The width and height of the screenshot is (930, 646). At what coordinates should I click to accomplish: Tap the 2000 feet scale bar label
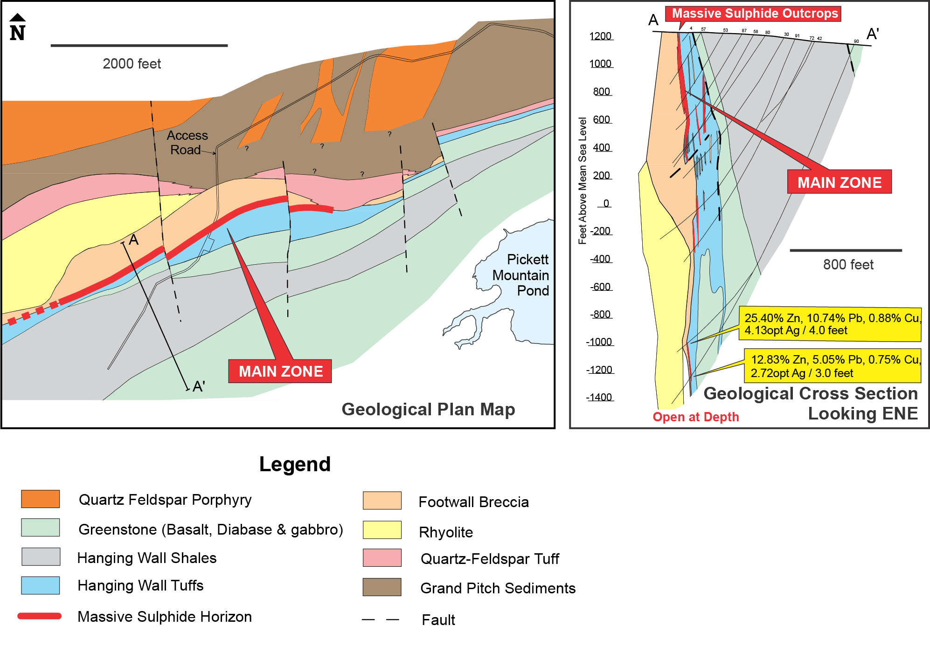pyautogui.click(x=132, y=64)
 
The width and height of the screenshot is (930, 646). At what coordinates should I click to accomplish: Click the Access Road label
pyautogui.click(x=187, y=143)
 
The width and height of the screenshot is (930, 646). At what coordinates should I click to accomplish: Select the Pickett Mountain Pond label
pyautogui.click(x=522, y=275)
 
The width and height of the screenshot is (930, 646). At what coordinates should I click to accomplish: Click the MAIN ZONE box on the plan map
pyautogui.click(x=280, y=371)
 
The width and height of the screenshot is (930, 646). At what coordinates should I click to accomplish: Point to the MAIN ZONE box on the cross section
pyautogui.click(x=839, y=182)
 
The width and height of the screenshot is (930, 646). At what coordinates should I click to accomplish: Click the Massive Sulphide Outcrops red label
pyautogui.click(x=754, y=14)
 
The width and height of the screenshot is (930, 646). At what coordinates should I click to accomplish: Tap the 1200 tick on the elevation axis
pyautogui.click(x=601, y=36)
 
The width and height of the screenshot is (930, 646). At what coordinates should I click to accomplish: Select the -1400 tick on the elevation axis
pyautogui.click(x=600, y=398)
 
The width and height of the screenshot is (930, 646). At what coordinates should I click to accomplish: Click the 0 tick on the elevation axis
pyautogui.click(x=605, y=204)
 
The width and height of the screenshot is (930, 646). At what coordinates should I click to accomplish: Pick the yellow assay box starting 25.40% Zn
pyautogui.click(x=831, y=324)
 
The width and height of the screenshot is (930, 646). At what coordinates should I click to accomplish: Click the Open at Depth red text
pyautogui.click(x=695, y=417)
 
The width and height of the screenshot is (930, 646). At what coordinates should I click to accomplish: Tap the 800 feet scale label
pyautogui.click(x=848, y=265)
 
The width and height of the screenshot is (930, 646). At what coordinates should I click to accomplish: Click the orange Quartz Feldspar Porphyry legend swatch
pyautogui.click(x=41, y=499)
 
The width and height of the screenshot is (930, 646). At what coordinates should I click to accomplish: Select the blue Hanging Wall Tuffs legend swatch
pyautogui.click(x=41, y=585)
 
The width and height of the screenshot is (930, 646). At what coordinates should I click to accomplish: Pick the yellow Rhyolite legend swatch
pyautogui.click(x=382, y=530)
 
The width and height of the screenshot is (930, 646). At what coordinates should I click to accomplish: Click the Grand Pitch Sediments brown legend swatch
pyautogui.click(x=382, y=587)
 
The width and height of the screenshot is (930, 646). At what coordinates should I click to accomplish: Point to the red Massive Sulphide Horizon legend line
pyautogui.click(x=40, y=616)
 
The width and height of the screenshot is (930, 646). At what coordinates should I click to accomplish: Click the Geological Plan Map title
pyautogui.click(x=428, y=409)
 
